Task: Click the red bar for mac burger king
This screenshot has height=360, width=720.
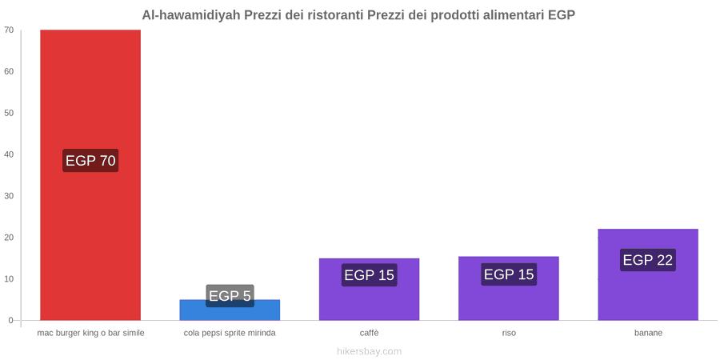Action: click(90, 175)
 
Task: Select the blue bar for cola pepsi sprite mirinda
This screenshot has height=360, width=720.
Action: click(230, 310)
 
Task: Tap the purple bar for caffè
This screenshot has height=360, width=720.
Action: click(369, 290)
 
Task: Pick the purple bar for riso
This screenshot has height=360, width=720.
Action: click(508, 288)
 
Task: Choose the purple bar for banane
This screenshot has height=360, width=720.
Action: click(648, 274)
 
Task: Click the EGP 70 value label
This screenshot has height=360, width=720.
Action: click(90, 161)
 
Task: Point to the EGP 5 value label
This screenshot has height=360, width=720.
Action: click(230, 296)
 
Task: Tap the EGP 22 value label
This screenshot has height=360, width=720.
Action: click(648, 260)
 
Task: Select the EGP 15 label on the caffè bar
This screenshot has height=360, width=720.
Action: click(369, 275)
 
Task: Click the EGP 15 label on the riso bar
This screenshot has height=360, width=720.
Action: click(509, 274)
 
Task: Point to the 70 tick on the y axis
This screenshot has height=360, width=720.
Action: click(9, 30)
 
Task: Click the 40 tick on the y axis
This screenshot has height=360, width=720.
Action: click(9, 154)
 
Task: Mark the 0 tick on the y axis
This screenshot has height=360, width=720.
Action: click(11, 321)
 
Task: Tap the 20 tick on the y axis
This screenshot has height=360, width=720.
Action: click(9, 238)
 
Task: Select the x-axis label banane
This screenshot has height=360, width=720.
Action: click(648, 333)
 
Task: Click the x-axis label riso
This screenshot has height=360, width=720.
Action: click(509, 333)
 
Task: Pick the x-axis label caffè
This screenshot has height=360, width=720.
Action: click(369, 333)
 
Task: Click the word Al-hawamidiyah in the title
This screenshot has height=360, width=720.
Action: click(191, 15)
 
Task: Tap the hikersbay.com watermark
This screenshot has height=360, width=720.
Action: click(369, 351)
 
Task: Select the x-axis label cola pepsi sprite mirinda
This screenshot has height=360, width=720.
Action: click(230, 333)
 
